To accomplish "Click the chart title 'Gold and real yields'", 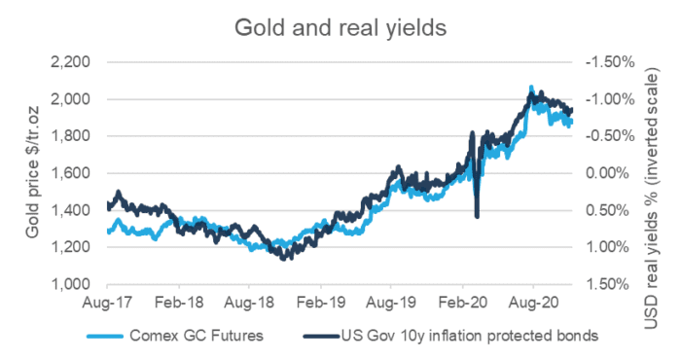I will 340,27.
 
